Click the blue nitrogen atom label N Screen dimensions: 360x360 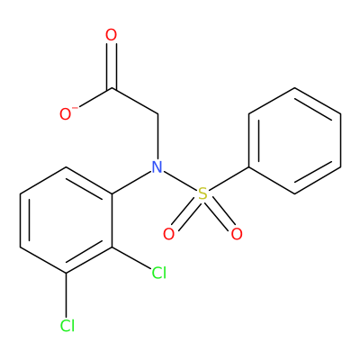(x=157, y=167)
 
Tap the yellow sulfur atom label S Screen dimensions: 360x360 (x=203, y=193)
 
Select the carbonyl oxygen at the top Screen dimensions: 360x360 (x=111, y=35)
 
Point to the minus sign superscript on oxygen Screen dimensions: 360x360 (x=76, y=107)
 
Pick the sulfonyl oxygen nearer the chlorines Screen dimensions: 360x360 (x=168, y=234)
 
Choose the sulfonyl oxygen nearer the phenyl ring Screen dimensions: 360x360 (x=237, y=234)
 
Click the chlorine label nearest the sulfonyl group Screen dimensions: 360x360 (x=158, y=273)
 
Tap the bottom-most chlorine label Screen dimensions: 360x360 (x=67, y=326)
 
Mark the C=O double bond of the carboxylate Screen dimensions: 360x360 (x=112, y=66)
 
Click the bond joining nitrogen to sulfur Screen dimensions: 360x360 (x=180, y=181)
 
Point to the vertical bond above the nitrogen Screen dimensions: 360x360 (x=157, y=137)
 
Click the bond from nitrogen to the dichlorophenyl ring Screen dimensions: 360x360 (x=130, y=182)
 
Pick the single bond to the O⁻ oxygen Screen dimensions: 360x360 (x=96, y=98)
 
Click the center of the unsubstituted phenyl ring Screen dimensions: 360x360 (x=294, y=140)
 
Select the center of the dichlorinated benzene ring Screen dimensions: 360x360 (x=66, y=220)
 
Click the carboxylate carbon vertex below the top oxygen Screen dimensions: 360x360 (x=112, y=88)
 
